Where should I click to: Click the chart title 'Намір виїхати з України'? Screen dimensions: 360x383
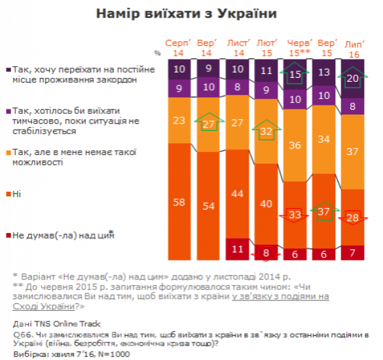pos(191,13)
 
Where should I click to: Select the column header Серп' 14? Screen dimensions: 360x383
pos(178,47)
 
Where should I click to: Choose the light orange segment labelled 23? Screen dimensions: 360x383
pos(178,120)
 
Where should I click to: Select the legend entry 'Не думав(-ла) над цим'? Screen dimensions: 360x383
pos(62,234)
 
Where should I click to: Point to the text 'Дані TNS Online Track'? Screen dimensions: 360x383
pos(50,322)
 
